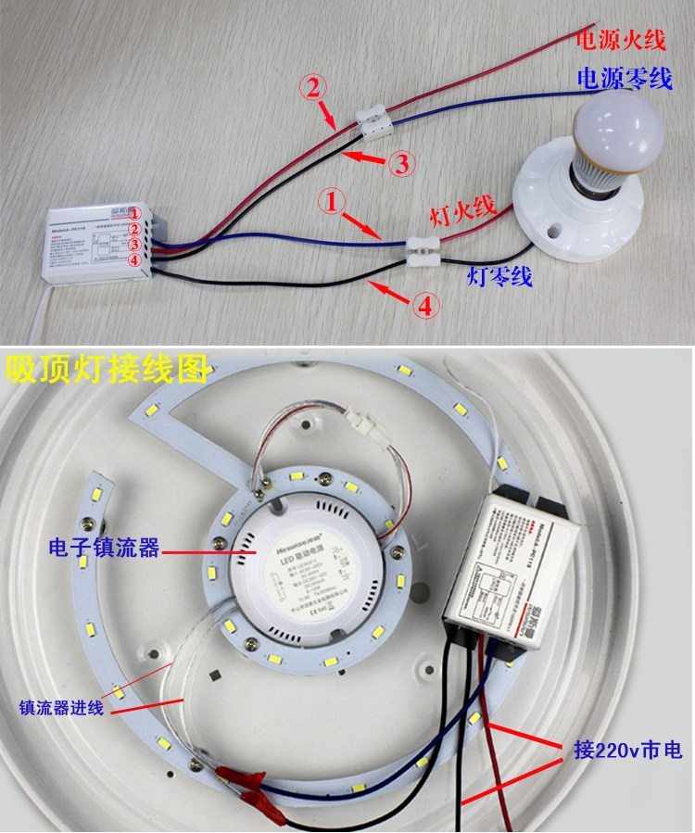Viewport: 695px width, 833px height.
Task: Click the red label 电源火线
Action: pyautogui.click(x=621, y=40)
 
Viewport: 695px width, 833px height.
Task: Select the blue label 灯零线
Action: pyautogui.click(x=500, y=276)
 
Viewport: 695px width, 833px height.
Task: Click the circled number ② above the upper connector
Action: pyautogui.click(x=313, y=88)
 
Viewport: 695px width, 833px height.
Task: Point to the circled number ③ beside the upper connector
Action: pyautogui.click(x=400, y=164)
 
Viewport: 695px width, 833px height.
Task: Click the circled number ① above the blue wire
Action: pyautogui.click(x=333, y=200)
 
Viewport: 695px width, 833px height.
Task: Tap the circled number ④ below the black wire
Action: pyautogui.click(x=425, y=307)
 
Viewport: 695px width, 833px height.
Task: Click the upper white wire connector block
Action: pyautogui.click(x=376, y=120)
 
